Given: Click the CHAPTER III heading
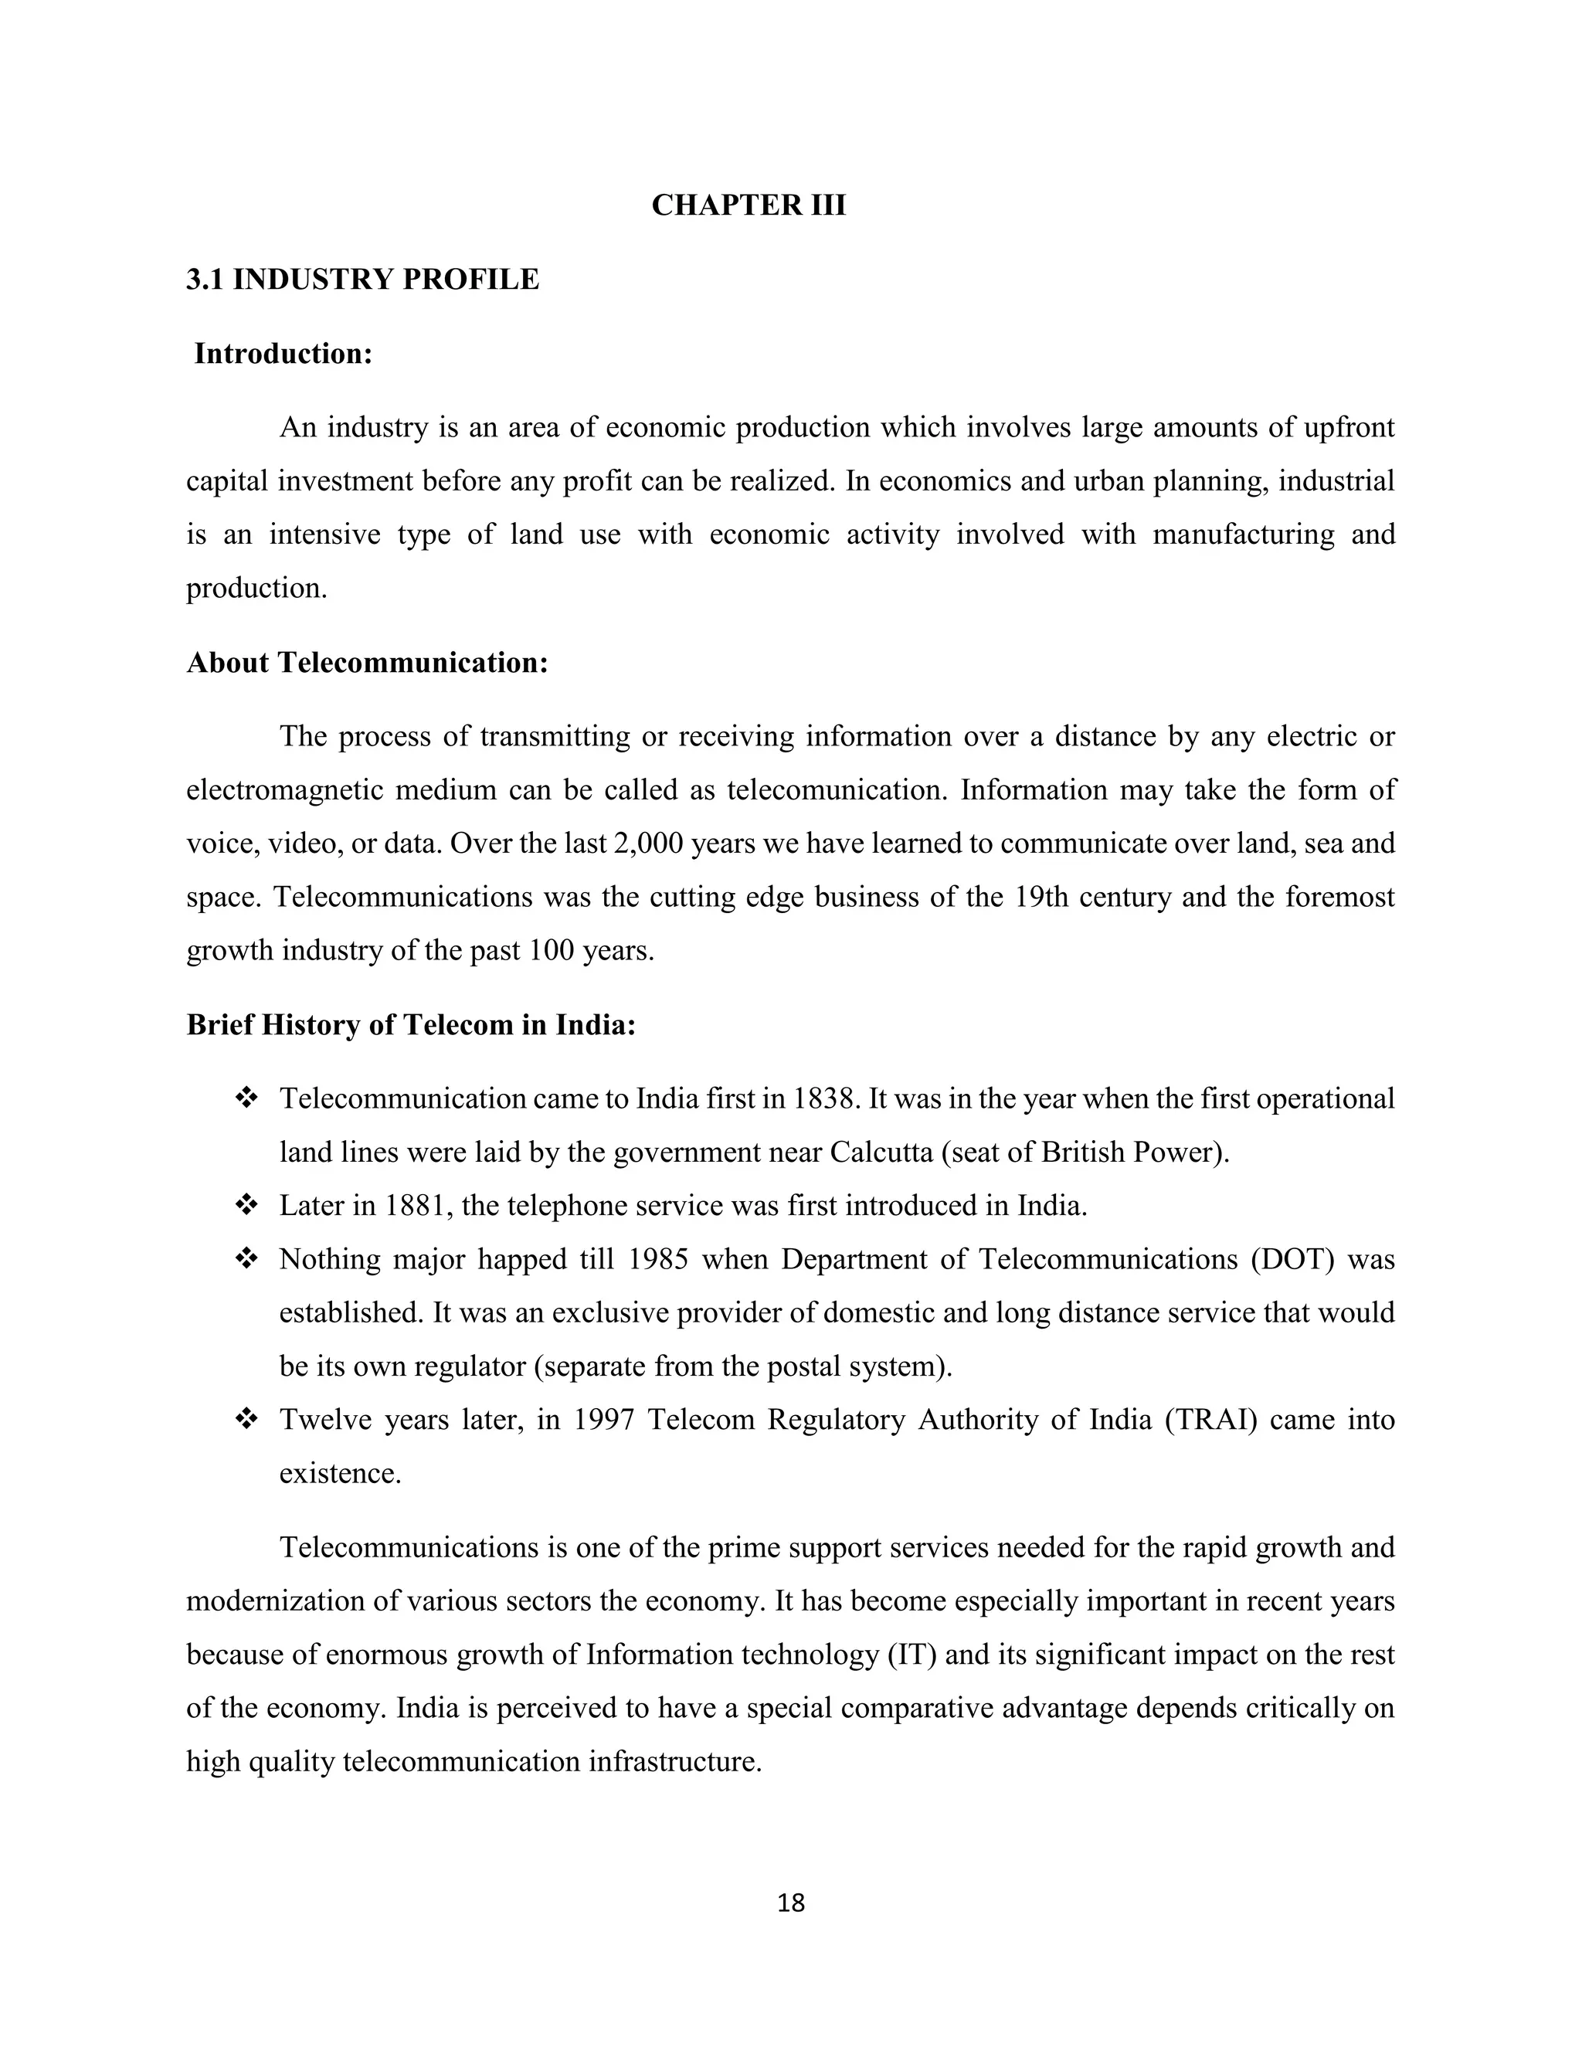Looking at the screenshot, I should point(748,205).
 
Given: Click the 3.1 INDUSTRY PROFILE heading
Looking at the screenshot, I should point(363,280).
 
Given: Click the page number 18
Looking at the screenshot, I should point(791,1903).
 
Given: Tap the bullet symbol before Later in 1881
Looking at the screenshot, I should point(246,1205).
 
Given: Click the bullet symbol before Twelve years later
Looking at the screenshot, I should point(246,1420).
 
